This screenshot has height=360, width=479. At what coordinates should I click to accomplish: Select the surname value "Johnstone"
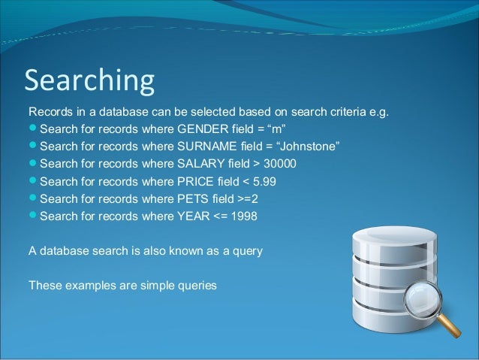311,147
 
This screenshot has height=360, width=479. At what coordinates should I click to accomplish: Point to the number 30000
280,164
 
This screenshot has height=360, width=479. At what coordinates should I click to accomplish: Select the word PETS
192,198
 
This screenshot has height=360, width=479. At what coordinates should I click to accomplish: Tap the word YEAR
192,216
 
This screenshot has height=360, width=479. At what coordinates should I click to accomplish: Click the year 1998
244,216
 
